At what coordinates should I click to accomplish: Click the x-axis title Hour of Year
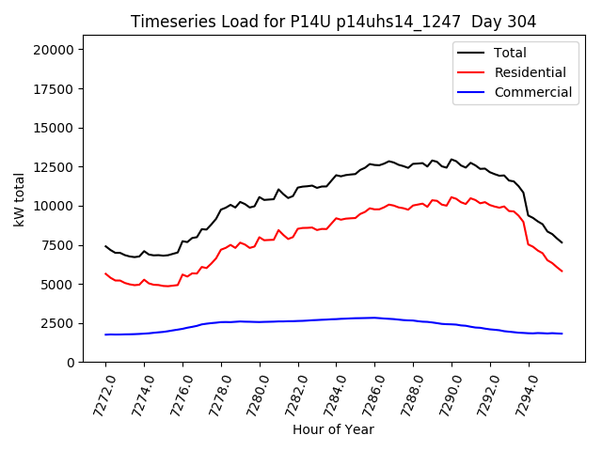click(333, 429)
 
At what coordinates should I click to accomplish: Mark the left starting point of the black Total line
click(105, 246)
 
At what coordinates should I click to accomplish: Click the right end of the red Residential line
click(562, 272)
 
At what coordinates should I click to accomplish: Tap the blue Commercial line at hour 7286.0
click(374, 318)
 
